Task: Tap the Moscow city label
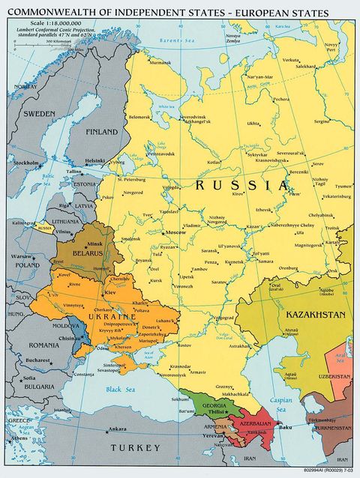(x=178, y=233)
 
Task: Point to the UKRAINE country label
(x=110, y=318)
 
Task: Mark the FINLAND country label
(x=103, y=132)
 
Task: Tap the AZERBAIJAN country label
(x=256, y=423)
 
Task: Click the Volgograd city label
(x=222, y=318)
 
